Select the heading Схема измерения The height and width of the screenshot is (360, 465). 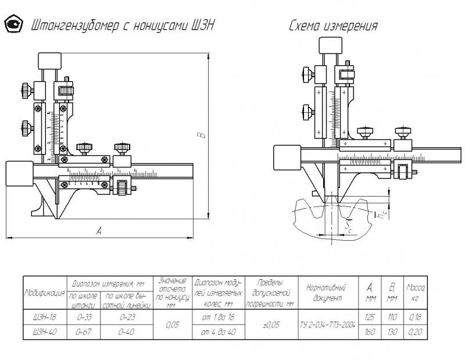(333, 26)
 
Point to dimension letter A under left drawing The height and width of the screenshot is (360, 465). (99, 231)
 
